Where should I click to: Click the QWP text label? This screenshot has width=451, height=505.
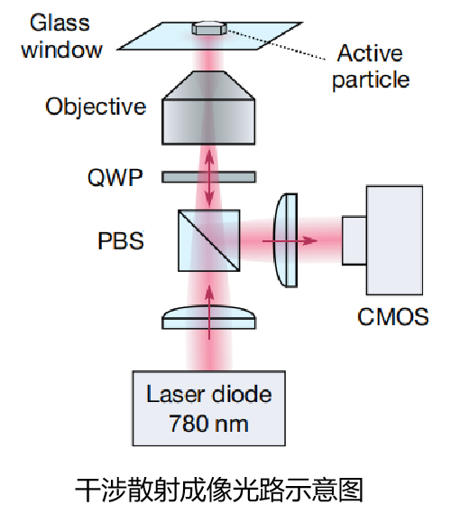115,177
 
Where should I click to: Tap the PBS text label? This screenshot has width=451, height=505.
121,240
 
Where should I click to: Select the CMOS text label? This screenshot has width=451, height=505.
392,316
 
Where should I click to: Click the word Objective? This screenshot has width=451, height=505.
96,107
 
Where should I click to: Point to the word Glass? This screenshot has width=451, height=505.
60,23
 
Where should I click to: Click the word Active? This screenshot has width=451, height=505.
370,53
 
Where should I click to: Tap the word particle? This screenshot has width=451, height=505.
371,79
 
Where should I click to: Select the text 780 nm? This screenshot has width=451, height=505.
208,424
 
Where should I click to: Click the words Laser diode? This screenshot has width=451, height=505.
209,394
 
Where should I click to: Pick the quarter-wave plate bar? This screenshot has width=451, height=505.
208,177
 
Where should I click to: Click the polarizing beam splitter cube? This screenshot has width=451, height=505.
209,240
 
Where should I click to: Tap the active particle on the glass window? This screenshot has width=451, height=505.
209,28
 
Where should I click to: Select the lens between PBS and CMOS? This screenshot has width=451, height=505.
285,240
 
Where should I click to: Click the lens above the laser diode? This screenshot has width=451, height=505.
209,318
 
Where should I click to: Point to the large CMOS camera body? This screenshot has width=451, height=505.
394,240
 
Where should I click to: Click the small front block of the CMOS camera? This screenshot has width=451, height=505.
354,241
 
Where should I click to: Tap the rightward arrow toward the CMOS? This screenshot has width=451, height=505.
290,240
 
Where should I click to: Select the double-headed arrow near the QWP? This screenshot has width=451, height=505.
209,178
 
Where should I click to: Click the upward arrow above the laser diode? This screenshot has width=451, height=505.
209,313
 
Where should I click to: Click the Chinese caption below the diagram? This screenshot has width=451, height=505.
219,490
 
